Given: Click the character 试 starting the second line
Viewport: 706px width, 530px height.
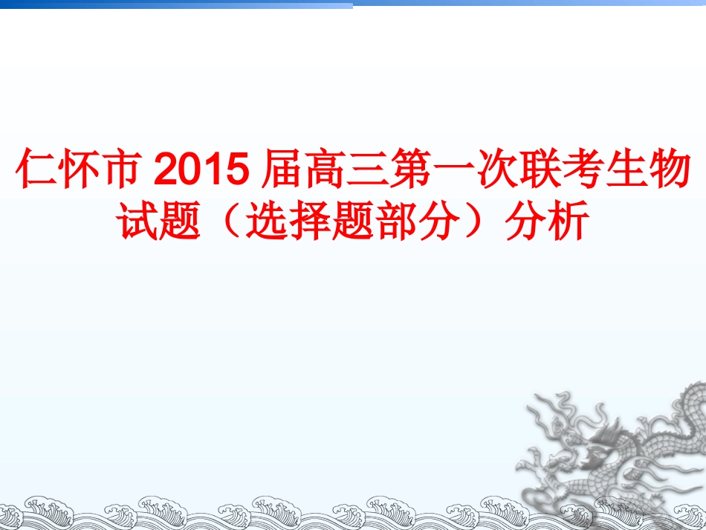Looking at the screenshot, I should pyautogui.click(x=138, y=221).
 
